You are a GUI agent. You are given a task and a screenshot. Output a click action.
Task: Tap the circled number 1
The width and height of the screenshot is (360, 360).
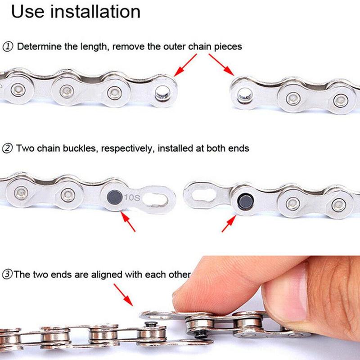point(8,46)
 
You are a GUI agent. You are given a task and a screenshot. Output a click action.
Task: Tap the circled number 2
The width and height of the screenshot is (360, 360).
point(8,148)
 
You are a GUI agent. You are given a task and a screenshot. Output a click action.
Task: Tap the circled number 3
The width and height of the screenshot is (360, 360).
point(8,274)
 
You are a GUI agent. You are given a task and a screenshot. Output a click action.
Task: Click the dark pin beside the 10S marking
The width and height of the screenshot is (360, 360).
point(113,196)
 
